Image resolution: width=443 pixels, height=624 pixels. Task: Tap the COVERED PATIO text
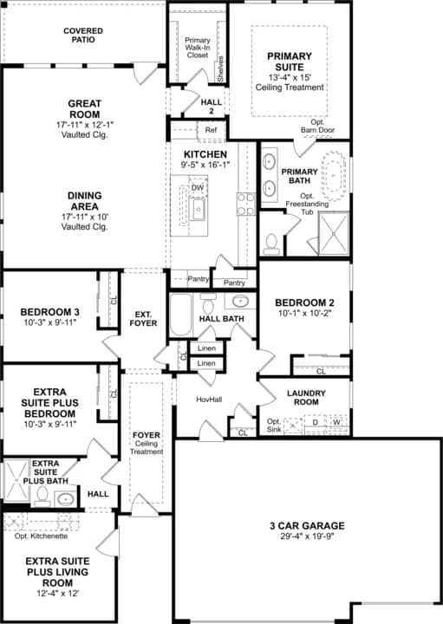[x=82, y=36]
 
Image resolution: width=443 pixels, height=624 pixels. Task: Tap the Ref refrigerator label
[x=211, y=131]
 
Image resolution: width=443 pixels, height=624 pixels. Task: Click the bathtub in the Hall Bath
[x=180, y=316]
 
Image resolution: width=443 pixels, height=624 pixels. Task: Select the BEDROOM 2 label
[x=304, y=303]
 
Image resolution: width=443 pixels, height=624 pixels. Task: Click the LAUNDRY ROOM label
[x=305, y=398]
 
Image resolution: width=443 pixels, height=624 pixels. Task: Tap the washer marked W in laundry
[x=336, y=423]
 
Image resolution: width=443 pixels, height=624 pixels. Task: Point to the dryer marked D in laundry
[x=316, y=423]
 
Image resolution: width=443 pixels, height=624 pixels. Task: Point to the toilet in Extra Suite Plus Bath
[x=40, y=497]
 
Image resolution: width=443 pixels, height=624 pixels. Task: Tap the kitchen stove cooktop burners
[x=245, y=203]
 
